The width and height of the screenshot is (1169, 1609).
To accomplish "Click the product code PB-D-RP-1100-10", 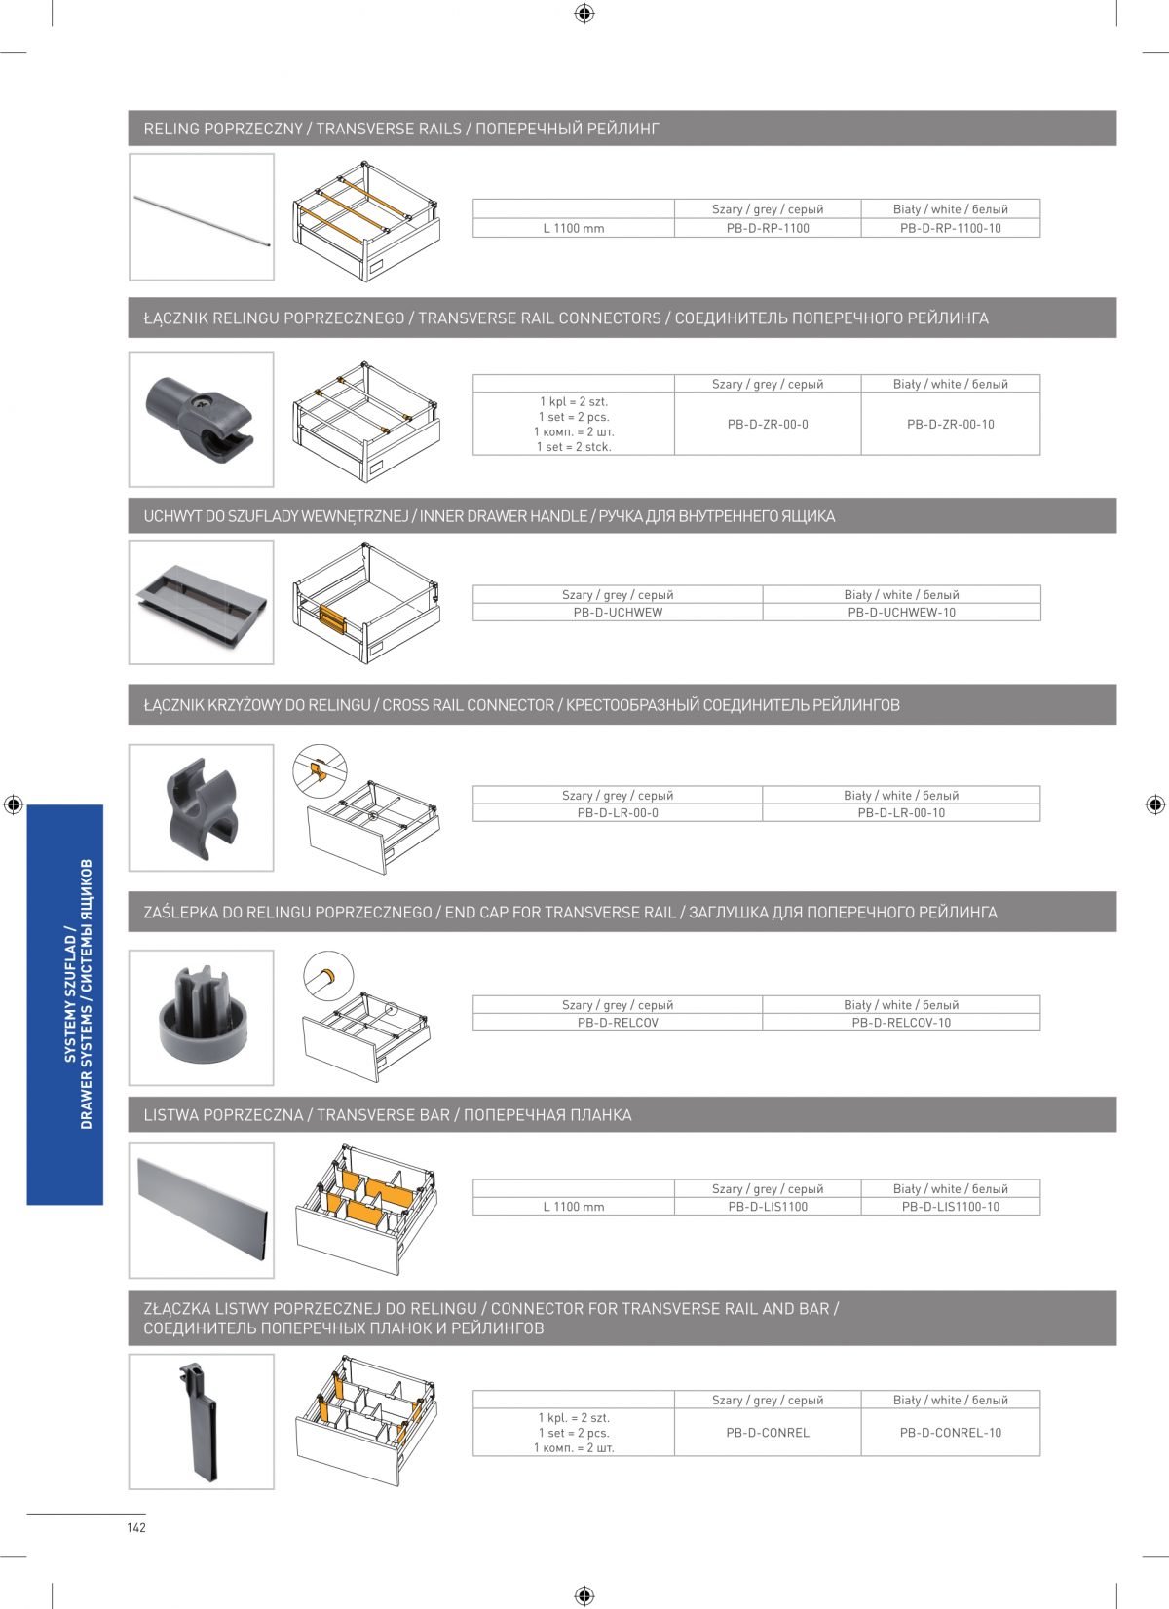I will (951, 228).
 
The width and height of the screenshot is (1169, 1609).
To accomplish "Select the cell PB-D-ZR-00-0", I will (768, 424).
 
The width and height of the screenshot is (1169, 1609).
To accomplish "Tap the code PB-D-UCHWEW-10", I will (901, 613).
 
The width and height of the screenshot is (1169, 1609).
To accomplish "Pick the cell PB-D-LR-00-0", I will (618, 812).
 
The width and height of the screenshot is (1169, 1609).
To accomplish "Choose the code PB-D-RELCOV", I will (618, 1023).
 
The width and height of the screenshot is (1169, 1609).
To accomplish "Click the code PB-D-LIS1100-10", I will (951, 1207).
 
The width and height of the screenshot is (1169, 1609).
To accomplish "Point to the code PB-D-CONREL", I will (768, 1433).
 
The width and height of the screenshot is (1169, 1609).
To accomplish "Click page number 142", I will (135, 1527).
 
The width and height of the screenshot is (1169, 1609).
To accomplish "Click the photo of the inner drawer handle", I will (202, 602).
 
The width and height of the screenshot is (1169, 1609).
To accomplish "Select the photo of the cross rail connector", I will (202, 806).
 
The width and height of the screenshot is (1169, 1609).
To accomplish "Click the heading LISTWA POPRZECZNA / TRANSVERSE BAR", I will (388, 1115).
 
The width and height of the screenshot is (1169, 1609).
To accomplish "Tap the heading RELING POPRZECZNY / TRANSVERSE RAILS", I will (401, 129).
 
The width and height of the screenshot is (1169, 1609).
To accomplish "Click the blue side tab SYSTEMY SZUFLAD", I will (65, 1004).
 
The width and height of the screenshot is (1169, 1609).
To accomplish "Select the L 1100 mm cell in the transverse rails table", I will (574, 228).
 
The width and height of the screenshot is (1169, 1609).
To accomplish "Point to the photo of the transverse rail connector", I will (201, 419).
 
